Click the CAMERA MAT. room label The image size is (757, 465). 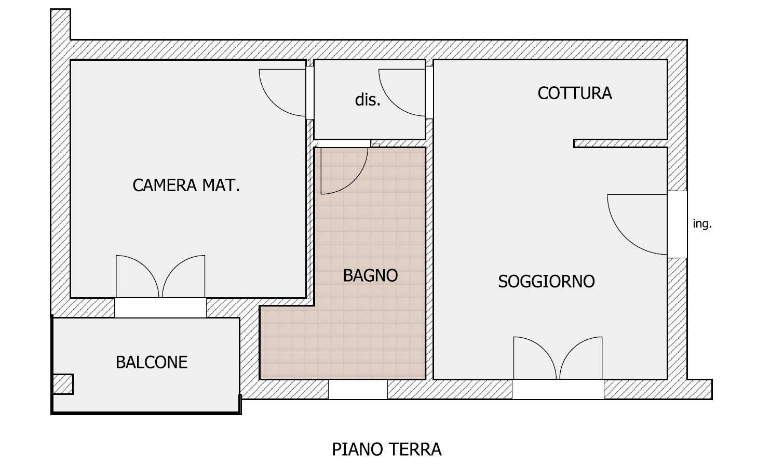point(186,185)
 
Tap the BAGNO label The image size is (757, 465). point(370,275)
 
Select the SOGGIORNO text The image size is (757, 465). point(546,282)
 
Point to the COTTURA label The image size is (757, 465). point(575,94)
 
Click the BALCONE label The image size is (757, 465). point(152,362)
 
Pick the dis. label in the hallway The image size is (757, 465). point(368,100)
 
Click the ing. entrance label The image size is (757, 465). point(702,223)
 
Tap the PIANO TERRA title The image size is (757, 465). point(387,449)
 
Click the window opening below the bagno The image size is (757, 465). point(358,390)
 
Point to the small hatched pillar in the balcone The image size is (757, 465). point(63,384)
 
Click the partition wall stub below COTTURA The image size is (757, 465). point(620,143)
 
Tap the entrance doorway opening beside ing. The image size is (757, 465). point(677,224)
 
